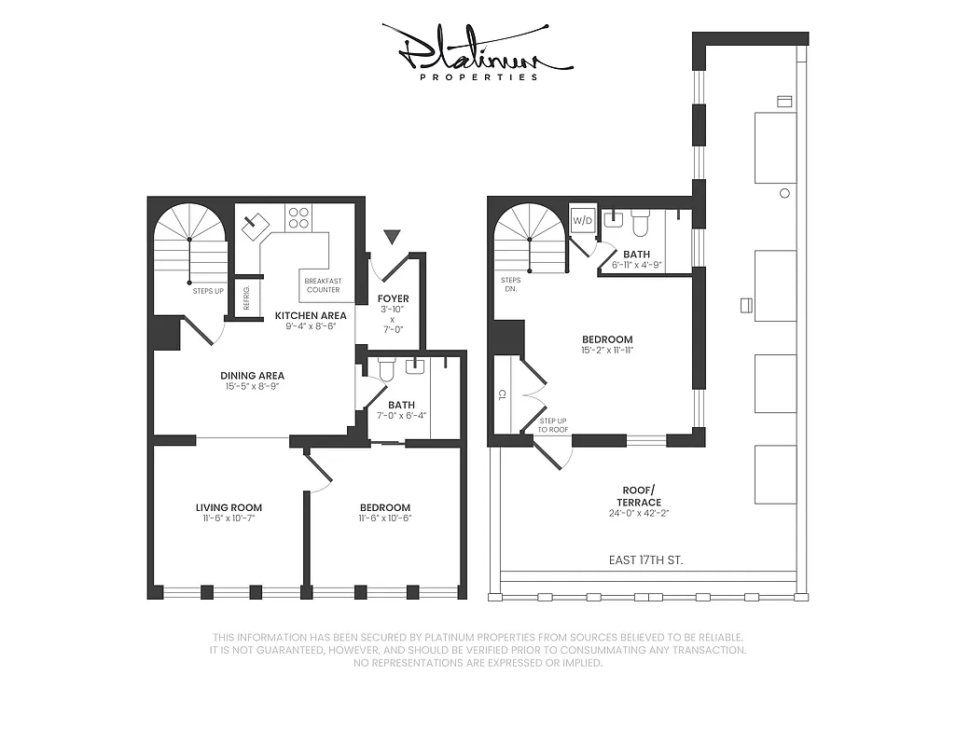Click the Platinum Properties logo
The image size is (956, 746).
(477, 51)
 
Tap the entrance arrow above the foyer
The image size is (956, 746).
(392, 237)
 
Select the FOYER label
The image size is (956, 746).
(393, 299)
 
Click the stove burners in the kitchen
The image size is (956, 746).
(298, 217)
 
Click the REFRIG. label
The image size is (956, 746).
(246, 297)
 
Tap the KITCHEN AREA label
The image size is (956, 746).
(311, 315)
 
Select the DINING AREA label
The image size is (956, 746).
(252, 376)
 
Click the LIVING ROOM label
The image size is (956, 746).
(229, 507)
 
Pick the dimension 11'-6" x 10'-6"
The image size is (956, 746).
(385, 518)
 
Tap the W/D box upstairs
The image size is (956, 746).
(581, 221)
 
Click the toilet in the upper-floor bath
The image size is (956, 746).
(640, 223)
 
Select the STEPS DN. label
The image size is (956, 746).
(511, 283)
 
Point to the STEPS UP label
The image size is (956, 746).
(208, 291)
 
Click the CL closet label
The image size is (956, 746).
(502, 394)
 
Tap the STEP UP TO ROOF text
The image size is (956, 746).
(552, 425)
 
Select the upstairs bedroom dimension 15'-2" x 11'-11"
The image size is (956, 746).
(607, 351)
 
